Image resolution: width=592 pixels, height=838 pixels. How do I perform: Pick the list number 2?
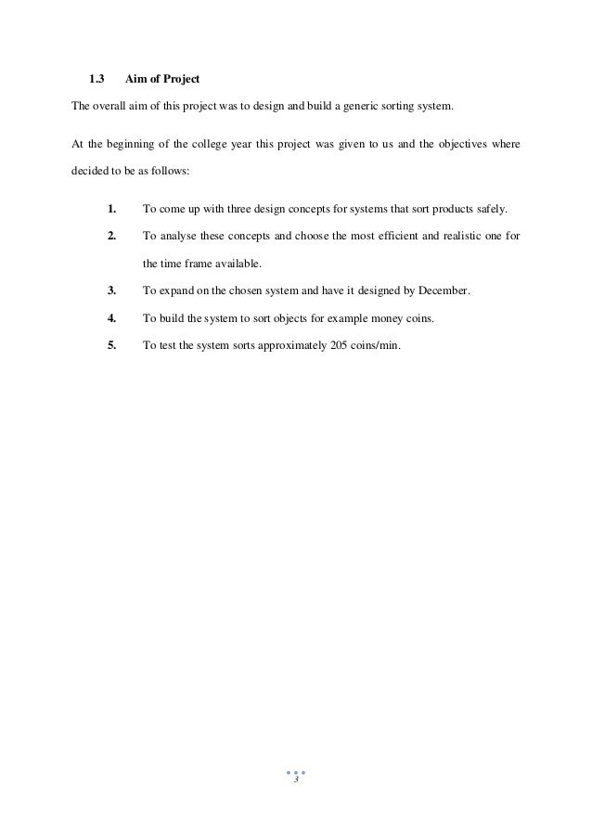tap(111, 237)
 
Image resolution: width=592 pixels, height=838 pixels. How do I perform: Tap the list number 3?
tap(111, 290)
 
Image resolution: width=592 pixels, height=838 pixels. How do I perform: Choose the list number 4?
tap(111, 318)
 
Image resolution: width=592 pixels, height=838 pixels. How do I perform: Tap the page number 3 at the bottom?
tap(295, 781)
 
